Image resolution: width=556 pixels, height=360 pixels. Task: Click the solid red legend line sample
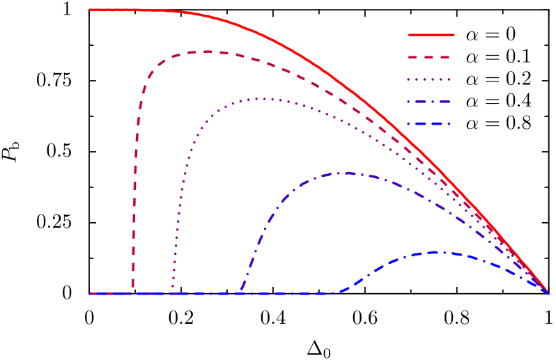[x=431, y=34]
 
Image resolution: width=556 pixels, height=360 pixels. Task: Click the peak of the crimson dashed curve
[x=208, y=52]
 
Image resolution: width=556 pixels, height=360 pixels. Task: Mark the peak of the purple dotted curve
[x=259, y=99]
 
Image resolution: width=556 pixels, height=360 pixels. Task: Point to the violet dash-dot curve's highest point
[x=343, y=173]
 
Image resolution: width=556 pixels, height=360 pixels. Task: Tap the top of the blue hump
[x=438, y=252]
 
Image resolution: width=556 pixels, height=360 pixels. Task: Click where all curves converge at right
[x=548, y=293]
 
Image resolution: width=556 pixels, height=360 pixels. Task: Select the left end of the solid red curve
[x=91, y=10]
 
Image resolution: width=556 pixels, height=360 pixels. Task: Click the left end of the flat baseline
[x=91, y=294]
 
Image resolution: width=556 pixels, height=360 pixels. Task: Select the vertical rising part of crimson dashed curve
[x=135, y=174]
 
